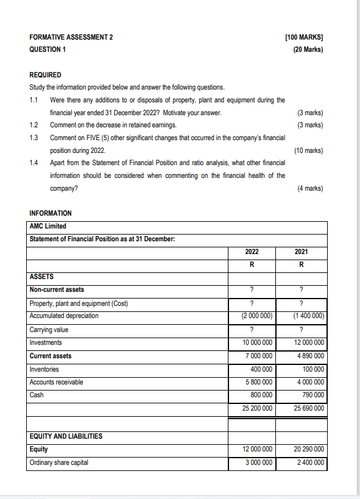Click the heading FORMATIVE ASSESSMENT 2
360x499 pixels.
(71, 37)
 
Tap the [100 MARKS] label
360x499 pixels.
(303, 37)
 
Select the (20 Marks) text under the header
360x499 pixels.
(308, 49)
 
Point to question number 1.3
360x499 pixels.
(35, 138)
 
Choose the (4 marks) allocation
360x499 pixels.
(309, 188)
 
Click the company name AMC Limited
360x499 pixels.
(48, 226)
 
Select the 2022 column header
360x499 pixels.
(252, 251)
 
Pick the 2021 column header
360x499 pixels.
(301, 251)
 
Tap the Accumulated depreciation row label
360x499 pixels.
(64, 316)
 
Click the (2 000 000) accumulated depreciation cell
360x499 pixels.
(253, 316)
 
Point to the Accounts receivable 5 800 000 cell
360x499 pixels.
(256, 382)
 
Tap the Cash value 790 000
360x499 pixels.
(311, 395)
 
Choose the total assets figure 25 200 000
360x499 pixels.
(255, 408)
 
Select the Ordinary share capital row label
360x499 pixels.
(59, 462)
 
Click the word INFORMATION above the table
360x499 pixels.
(51, 213)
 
